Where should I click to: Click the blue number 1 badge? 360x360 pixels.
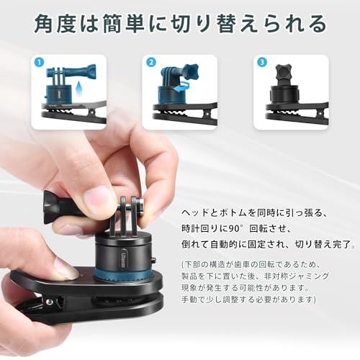40,63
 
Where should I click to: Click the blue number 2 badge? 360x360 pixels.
151,63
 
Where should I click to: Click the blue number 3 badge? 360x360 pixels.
262,63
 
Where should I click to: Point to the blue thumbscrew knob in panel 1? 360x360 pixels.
91,71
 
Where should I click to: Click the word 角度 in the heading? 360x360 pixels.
55,24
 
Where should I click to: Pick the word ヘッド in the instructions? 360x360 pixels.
195,213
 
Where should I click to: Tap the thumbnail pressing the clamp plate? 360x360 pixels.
63,269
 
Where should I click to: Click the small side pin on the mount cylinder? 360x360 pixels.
154,261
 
